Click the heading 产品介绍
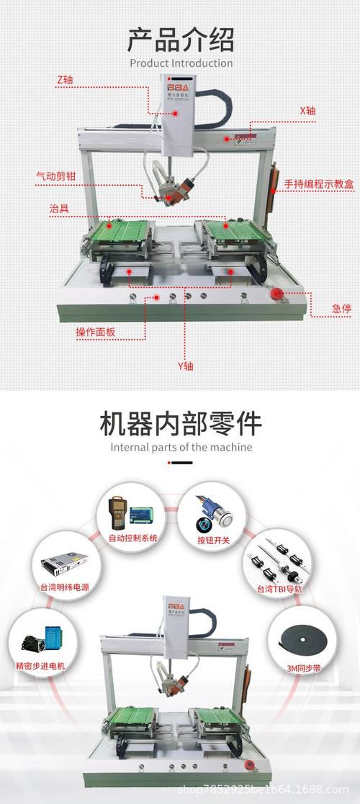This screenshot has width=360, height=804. pyautogui.click(x=181, y=39)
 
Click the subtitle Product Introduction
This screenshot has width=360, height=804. pyautogui.click(x=181, y=63)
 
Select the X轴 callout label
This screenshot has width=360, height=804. pyautogui.click(x=307, y=111)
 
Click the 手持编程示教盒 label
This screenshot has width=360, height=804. pyautogui.click(x=319, y=184)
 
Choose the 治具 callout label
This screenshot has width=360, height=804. pyautogui.click(x=59, y=208)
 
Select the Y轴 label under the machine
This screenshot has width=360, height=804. pyautogui.click(x=186, y=366)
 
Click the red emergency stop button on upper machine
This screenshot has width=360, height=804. pyautogui.click(x=276, y=293)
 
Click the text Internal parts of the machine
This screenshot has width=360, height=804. pyautogui.click(x=181, y=447)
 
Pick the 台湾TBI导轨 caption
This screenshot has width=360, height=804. pyautogui.click(x=280, y=589)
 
